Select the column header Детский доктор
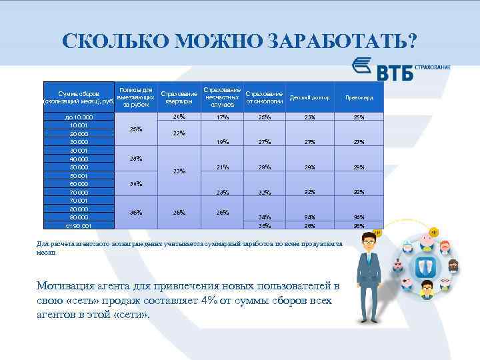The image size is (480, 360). pos(310,98)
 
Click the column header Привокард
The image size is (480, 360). pos(359,98)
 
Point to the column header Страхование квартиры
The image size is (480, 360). pos(179,98)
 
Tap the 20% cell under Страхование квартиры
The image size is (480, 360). pos(179,117)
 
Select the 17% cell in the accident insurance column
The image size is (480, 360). pos(222,118)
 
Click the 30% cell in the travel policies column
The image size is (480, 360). pos(135,183)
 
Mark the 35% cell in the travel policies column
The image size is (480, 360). pos(135,213)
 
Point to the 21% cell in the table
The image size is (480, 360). pos(222,167)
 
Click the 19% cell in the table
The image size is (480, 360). pos(222,142)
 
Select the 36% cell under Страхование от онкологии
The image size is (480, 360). pos(265,226)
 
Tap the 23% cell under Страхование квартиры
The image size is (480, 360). pos(179,171)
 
